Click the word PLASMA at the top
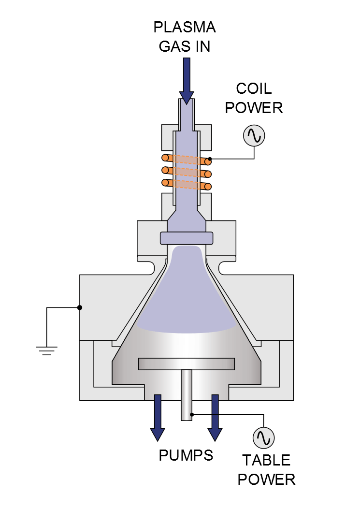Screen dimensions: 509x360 [185, 27]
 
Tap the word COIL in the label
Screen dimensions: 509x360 [254, 88]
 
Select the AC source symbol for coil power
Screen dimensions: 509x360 [254, 135]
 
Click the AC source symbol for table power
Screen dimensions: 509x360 [264, 437]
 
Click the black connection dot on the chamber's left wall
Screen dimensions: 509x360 [80, 307]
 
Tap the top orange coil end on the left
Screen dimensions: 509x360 [165, 158]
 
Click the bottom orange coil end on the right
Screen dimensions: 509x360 [208, 186]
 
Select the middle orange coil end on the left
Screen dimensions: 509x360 [165, 170]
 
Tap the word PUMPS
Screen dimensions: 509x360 [186, 455]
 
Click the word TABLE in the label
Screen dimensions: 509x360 [266, 460]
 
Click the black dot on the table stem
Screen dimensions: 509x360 [192, 414]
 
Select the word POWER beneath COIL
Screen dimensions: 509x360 [254, 108]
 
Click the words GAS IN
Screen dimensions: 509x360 [185, 46]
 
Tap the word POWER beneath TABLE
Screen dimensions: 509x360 [266, 480]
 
